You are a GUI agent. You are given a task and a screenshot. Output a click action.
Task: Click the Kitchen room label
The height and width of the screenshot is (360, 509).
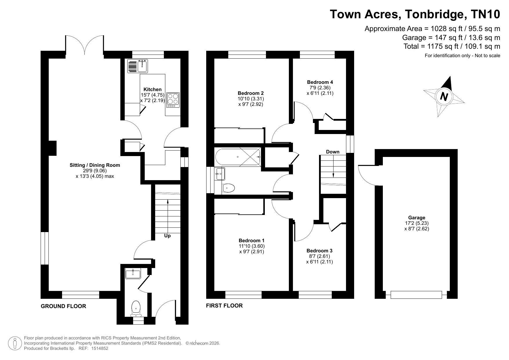(153, 89)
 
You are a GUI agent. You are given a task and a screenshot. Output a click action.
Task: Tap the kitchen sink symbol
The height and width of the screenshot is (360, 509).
(137, 66)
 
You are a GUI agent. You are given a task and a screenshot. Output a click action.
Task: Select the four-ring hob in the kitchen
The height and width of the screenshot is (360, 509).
(173, 100)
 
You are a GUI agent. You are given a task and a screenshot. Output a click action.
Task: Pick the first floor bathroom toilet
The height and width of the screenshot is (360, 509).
(229, 188)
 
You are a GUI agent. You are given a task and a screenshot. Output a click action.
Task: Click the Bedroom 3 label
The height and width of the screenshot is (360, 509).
(319, 251)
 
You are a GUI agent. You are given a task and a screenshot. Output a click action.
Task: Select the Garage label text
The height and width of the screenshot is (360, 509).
(416, 218)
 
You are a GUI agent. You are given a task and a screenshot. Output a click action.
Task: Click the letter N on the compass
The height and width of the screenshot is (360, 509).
(443, 96)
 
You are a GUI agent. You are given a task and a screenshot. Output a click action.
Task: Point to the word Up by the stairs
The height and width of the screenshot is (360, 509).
(167, 236)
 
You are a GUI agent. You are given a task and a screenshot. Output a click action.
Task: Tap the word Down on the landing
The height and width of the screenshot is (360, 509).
(333, 152)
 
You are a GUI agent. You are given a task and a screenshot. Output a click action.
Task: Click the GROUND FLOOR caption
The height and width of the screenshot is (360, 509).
(63, 306)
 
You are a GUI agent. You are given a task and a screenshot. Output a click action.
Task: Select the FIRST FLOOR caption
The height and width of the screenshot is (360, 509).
(224, 305)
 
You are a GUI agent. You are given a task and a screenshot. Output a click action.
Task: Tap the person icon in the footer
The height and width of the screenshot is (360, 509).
(15, 343)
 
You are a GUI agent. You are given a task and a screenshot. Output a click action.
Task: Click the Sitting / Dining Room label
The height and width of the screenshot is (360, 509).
(95, 165)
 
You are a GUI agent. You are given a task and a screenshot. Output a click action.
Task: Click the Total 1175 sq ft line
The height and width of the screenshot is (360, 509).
(452, 46)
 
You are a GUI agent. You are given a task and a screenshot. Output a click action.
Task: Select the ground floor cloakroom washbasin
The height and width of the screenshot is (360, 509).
(133, 274)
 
